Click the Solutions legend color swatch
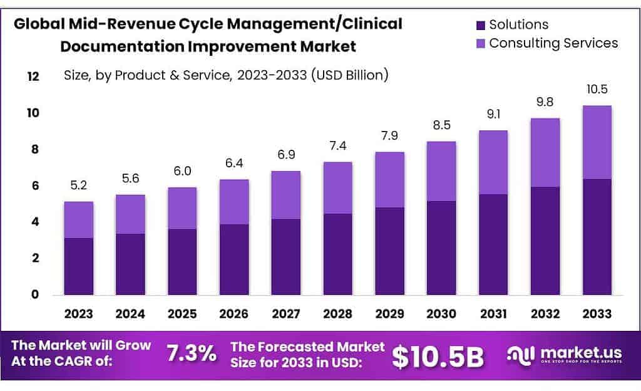(x=481, y=26)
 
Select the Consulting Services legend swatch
(x=481, y=44)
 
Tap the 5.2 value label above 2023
(x=78, y=185)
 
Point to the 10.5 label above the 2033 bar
(x=597, y=90)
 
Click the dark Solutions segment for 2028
(x=337, y=254)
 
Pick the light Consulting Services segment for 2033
(x=597, y=142)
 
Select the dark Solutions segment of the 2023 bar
(x=78, y=266)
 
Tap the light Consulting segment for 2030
(x=441, y=171)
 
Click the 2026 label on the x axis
(x=233, y=313)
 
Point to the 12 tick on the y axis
(x=33, y=76)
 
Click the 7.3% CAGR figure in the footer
(x=192, y=354)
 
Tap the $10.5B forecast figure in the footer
(x=438, y=356)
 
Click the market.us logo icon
(x=520, y=354)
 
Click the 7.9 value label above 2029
(x=389, y=136)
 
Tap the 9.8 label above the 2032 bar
(x=545, y=102)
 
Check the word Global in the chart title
(x=40, y=24)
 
